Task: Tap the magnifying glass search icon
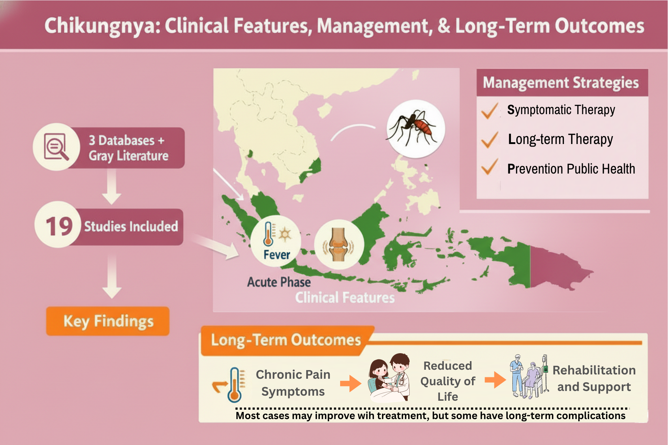(x=56, y=147)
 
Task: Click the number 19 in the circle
(x=59, y=226)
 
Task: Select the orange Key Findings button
(x=108, y=321)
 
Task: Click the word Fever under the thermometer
(x=277, y=255)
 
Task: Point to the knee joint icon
(x=338, y=244)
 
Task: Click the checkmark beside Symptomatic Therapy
(x=490, y=111)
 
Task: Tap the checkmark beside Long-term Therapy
(x=490, y=140)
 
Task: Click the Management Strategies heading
(x=561, y=83)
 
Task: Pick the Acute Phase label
(x=279, y=282)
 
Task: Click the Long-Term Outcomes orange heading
(x=286, y=340)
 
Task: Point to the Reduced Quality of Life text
(x=447, y=381)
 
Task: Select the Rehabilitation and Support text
(x=594, y=378)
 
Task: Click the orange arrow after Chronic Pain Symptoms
(x=351, y=383)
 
